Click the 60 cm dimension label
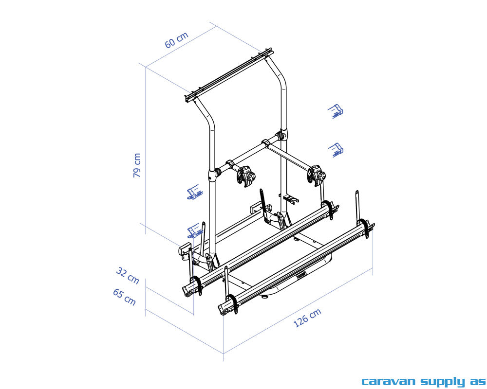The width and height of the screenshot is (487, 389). [x=176, y=40]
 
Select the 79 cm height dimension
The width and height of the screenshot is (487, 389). [x=137, y=165]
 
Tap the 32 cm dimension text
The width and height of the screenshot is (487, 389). [x=128, y=275]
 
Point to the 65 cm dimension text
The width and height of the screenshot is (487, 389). [x=124, y=297]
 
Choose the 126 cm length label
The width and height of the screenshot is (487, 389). [x=308, y=318]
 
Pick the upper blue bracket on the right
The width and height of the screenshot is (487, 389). [x=335, y=111]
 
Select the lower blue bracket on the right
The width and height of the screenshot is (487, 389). [x=335, y=149]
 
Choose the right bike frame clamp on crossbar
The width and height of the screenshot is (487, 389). [x=316, y=175]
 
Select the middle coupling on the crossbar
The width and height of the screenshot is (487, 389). [x=266, y=144]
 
